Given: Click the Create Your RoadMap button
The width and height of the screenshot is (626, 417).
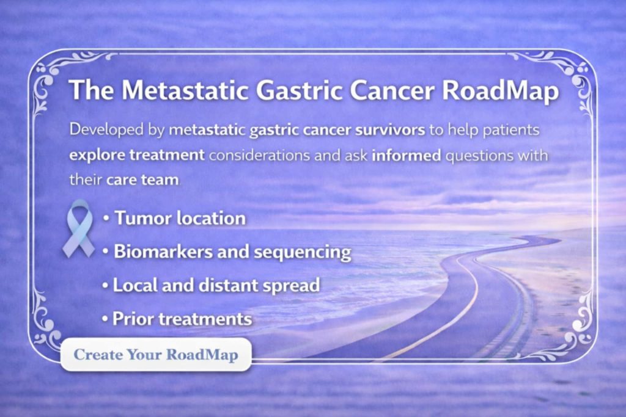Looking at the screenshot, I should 156,355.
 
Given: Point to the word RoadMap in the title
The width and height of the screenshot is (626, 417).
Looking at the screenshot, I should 501,90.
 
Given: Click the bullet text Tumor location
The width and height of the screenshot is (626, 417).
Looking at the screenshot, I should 180,218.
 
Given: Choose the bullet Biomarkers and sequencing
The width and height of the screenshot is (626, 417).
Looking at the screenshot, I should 232,252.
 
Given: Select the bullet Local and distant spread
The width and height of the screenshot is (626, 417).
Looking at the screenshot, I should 216,285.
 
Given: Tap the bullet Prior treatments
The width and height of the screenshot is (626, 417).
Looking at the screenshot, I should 182,319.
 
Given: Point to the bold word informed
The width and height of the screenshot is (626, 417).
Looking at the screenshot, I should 407,154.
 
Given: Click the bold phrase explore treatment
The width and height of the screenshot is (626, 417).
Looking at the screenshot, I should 137,154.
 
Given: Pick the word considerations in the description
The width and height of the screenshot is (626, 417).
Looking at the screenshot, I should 257,154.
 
